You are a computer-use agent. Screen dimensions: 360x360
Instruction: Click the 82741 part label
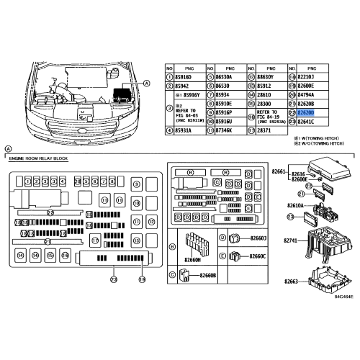pyautogui.click(x=289, y=239)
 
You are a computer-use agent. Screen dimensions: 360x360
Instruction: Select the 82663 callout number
pyautogui.click(x=289, y=283)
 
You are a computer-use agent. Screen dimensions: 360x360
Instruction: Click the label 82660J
pyautogui.click(x=256, y=238)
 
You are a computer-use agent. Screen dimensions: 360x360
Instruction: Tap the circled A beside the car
pyautogui.click(x=147, y=84)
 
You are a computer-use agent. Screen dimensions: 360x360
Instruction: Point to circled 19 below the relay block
pyautogui.click(x=142, y=279)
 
